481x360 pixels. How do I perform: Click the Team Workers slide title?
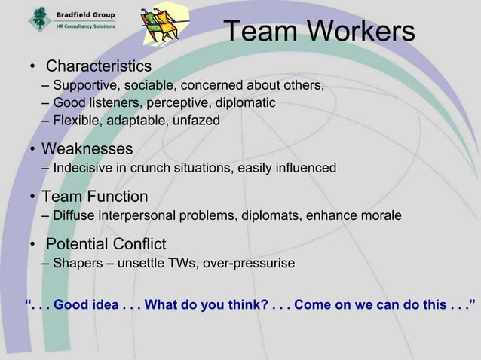320,31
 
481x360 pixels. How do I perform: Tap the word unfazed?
195,120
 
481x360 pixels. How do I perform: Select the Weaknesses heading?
87,148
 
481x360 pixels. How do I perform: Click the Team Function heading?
94,197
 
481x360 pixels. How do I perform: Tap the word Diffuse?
74,217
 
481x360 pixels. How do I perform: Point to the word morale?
378,217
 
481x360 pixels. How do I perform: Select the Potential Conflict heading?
106,245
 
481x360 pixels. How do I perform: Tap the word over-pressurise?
249,264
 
